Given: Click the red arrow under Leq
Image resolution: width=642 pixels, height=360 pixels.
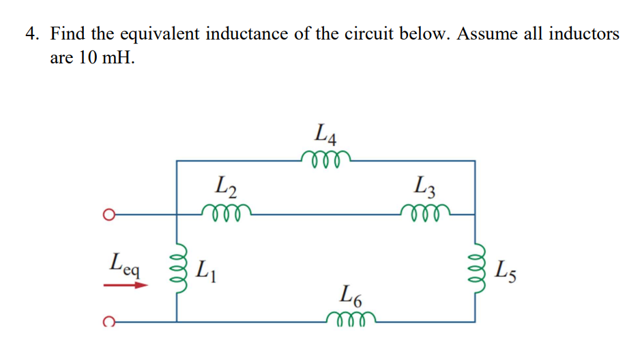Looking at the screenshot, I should pos(126,285).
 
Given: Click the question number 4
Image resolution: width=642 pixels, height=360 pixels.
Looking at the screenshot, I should pos(31,33).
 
